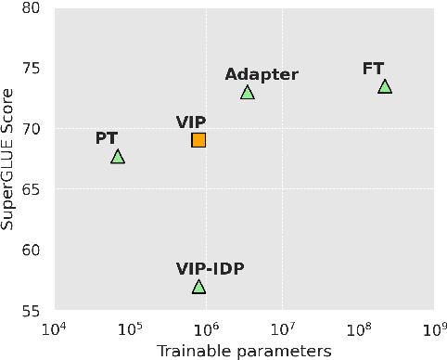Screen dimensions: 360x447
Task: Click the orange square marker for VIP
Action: coord(198,140)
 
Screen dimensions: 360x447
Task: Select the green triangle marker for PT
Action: coord(118,157)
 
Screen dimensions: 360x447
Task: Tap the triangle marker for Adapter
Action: coord(248,92)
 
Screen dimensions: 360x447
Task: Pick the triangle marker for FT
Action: coord(385,86)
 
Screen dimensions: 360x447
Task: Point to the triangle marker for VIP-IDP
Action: coord(198,287)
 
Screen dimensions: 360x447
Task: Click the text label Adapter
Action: coord(262,74)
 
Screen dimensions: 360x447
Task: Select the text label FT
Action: coord(373,68)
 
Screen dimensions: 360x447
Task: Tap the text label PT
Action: coord(107,138)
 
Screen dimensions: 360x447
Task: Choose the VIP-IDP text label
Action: coord(211,269)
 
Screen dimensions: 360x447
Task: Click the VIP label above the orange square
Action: coord(191,122)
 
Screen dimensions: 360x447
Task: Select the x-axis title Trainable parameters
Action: coord(244,351)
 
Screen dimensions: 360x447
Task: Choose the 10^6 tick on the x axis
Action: coord(205,328)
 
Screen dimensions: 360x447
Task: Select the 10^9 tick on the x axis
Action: coord(433,328)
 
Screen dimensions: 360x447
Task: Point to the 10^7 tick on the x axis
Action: coord(281,328)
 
